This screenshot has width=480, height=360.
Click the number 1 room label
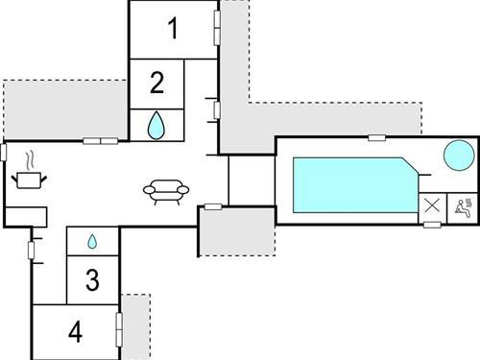coord(173,29)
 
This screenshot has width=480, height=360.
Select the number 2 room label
coord(156,83)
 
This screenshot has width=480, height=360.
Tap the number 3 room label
coord(92,280)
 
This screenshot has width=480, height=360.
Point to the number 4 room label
coord(76,332)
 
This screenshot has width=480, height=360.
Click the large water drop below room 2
coord(156,123)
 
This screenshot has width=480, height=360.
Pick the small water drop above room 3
coord(92,241)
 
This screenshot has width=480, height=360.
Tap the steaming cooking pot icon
coord(28,179)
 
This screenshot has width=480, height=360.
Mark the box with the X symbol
coord(432,205)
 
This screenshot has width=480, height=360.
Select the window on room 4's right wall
coord(119,327)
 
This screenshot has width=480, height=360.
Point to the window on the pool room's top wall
coord(376,137)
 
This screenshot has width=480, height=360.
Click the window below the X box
coord(432,225)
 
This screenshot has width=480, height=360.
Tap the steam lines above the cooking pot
coord(31,158)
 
